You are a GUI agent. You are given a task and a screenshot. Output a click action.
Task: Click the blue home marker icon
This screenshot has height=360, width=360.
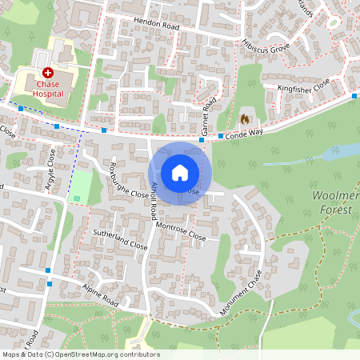pos(180,173)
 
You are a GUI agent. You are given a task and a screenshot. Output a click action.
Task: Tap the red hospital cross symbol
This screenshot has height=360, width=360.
pos(48,73)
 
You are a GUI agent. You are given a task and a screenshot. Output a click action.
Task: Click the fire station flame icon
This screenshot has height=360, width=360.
pos(245,118)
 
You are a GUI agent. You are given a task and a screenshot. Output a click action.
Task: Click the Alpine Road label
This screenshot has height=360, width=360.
pos(98,295)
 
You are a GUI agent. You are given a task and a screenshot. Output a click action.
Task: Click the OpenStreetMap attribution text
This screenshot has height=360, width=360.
pos(80,354)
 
